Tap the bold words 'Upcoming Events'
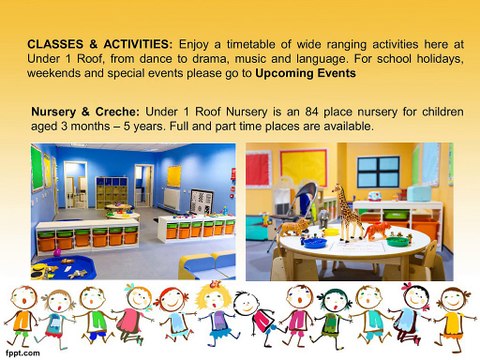pos(303,74)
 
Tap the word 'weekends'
pos(56,74)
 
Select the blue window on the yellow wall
pos(378,171)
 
